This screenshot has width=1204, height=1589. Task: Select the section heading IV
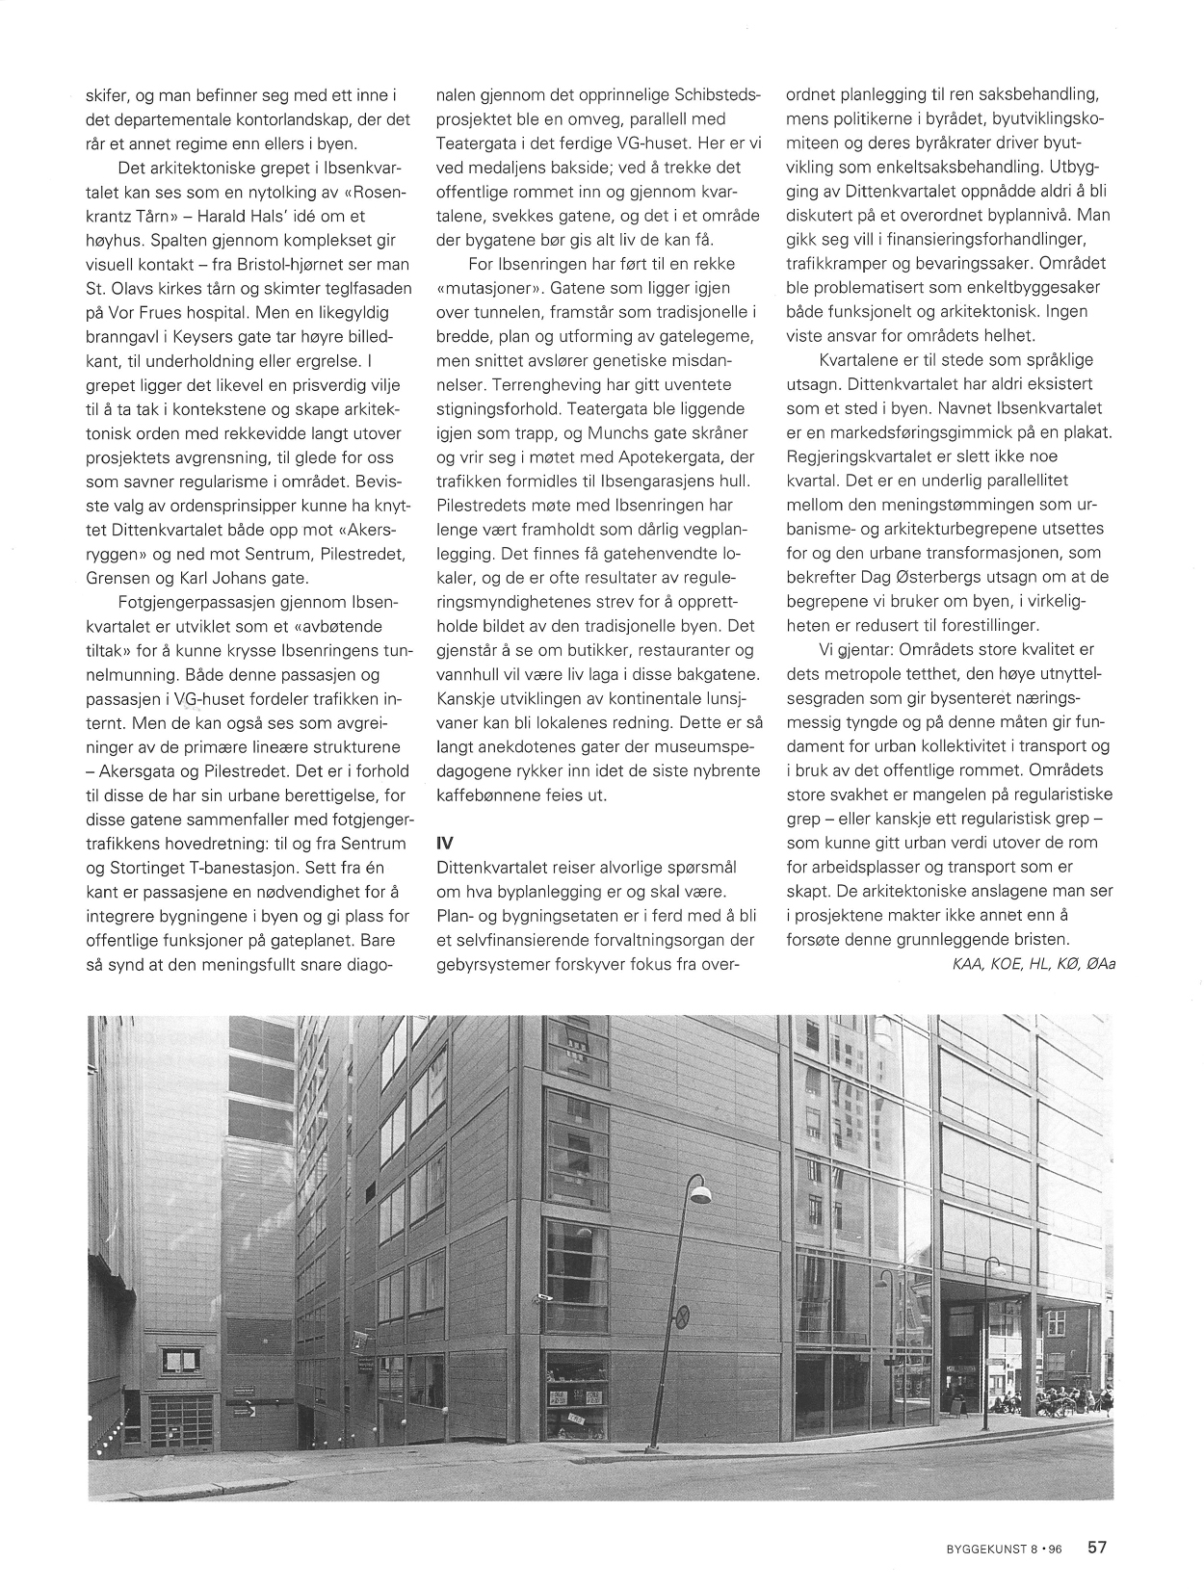tap(445, 841)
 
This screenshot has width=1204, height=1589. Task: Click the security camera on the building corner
tap(544, 1297)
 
